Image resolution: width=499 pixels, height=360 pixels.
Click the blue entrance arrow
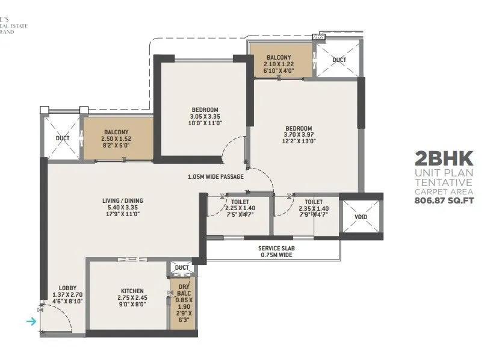tap(31, 321)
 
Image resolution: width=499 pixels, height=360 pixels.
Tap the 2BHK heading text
tap(444, 160)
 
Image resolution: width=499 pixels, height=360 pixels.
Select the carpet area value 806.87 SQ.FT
tap(444, 201)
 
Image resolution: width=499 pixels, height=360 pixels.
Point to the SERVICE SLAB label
tap(276, 248)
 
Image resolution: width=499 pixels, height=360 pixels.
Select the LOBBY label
tap(67, 288)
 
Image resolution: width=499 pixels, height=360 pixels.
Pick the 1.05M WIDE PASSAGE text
tap(215, 177)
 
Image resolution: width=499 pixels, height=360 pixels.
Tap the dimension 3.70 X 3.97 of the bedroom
tap(299, 135)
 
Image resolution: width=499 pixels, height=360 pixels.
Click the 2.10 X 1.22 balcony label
tap(279, 64)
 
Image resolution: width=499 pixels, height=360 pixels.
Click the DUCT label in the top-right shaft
tap(339, 60)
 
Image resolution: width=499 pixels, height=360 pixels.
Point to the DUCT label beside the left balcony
tap(63, 138)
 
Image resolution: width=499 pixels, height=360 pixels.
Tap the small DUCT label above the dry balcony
tap(182, 267)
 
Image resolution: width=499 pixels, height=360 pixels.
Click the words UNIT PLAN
tap(444, 173)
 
